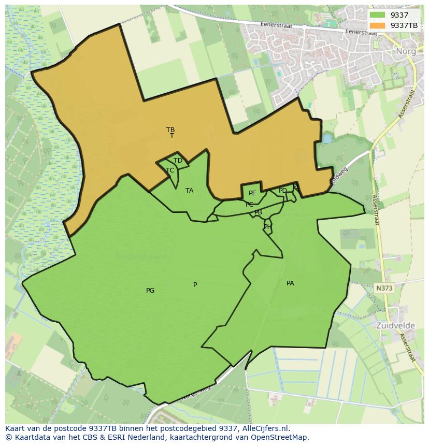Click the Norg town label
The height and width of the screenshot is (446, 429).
click(406, 51)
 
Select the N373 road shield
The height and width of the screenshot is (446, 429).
click(384, 287)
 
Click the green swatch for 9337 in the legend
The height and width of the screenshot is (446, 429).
click(377, 15)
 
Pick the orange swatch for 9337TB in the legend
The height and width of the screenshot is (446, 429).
click(377, 25)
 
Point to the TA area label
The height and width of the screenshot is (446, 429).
click(190, 191)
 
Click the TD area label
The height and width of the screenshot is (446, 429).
click(178, 161)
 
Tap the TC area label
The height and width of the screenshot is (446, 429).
click(170, 170)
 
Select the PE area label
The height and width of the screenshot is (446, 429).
click(252, 193)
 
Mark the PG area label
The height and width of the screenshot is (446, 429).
click(150, 291)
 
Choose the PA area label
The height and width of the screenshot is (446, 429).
click(290, 283)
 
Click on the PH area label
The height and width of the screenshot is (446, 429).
click(267, 226)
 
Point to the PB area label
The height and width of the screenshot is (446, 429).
click(258, 212)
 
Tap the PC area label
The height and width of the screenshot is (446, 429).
click(250, 205)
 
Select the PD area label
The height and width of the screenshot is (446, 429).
click(282, 191)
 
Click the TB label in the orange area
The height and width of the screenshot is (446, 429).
click(170, 130)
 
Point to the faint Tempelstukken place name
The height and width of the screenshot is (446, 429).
click(141, 257)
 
